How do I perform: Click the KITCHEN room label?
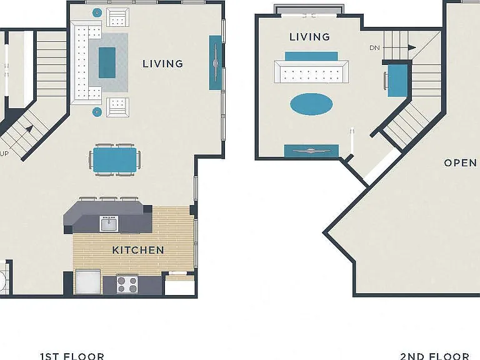[x=138, y=250]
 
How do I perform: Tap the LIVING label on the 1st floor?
[x=163, y=64]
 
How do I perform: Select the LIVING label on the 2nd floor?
[x=310, y=37]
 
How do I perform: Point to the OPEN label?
[x=461, y=163]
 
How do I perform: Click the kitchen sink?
[x=109, y=224]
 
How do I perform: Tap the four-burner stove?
[x=127, y=285]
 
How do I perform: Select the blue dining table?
[x=115, y=160]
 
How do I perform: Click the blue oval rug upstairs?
[x=311, y=104]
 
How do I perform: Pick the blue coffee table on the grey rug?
[x=107, y=62]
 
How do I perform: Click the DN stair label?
[x=375, y=47]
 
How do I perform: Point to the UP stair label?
[x=4, y=154]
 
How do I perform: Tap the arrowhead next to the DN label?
[x=412, y=47]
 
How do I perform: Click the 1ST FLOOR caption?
[x=72, y=356]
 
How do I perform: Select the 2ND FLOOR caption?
[x=435, y=356]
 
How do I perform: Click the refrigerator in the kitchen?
[x=88, y=282]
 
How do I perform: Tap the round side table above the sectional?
[x=97, y=13]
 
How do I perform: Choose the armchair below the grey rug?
[x=118, y=107]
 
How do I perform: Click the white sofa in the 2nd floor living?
[x=311, y=72]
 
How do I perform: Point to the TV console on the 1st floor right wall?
[x=215, y=62]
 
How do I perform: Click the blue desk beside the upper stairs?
[x=397, y=81]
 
